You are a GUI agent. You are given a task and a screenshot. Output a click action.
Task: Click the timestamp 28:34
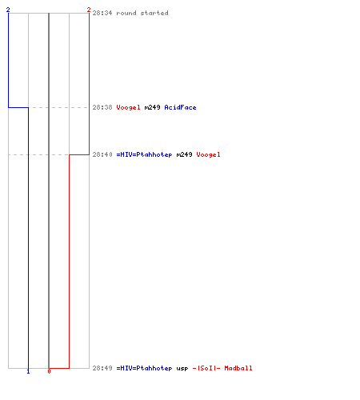102,13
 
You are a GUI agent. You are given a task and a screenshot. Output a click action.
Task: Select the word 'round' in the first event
126,13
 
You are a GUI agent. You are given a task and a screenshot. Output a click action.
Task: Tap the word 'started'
154,13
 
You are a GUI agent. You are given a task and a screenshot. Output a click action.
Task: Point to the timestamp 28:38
102,107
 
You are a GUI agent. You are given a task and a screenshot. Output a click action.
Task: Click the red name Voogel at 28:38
128,107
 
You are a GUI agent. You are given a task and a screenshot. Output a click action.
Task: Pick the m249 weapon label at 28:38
152,107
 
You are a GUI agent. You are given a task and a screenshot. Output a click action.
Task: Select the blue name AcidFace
180,107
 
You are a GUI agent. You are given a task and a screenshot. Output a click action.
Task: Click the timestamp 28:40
102,154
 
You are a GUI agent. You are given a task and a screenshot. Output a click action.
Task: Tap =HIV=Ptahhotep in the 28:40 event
144,154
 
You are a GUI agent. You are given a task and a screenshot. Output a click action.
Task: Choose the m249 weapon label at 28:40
184,154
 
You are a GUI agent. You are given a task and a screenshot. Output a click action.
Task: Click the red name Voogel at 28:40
208,154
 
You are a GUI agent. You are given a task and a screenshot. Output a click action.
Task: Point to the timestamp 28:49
102,368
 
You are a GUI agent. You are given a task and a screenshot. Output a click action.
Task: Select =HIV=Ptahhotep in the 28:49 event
144,368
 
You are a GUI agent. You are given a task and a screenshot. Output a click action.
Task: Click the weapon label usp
182,369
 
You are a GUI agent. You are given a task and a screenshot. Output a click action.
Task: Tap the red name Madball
238,368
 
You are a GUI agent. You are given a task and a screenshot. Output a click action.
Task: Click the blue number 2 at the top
8,10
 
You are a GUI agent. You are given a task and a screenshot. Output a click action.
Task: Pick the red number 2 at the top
89,10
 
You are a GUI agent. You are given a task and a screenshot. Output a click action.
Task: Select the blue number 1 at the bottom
28,371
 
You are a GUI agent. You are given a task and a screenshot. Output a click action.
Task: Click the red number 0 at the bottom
49,371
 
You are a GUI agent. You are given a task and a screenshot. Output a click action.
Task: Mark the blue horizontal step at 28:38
18,107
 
